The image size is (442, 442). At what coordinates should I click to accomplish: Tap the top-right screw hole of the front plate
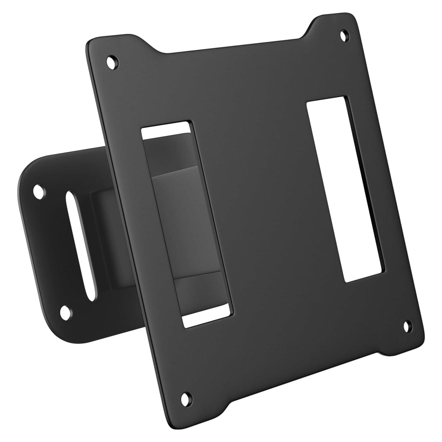[x=344, y=35]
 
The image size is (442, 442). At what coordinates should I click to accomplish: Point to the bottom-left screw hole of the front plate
[x=185, y=397]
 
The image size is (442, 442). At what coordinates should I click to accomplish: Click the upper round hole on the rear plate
[x=39, y=191]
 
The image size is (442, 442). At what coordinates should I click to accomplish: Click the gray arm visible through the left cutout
[x=186, y=221]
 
